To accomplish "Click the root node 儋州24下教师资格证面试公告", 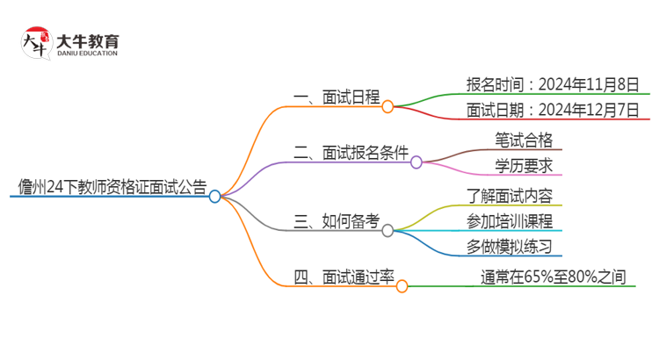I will click(112, 186).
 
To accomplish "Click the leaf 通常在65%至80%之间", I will click(553, 277).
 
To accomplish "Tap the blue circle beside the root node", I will click(215, 197).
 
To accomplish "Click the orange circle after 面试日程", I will click(387, 106).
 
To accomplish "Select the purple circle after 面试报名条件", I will click(416, 162).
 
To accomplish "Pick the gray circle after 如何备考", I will click(387, 230).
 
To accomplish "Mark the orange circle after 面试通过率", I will click(402, 286).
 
